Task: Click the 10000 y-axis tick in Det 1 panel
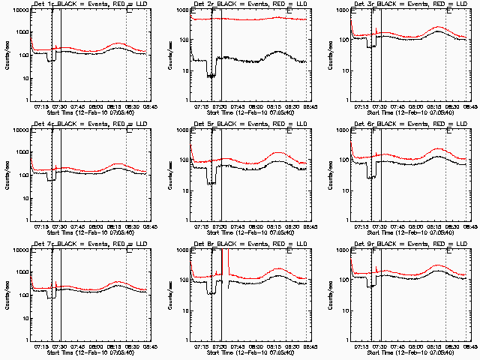click(x=19, y=11)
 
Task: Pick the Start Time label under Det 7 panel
click(x=91, y=352)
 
